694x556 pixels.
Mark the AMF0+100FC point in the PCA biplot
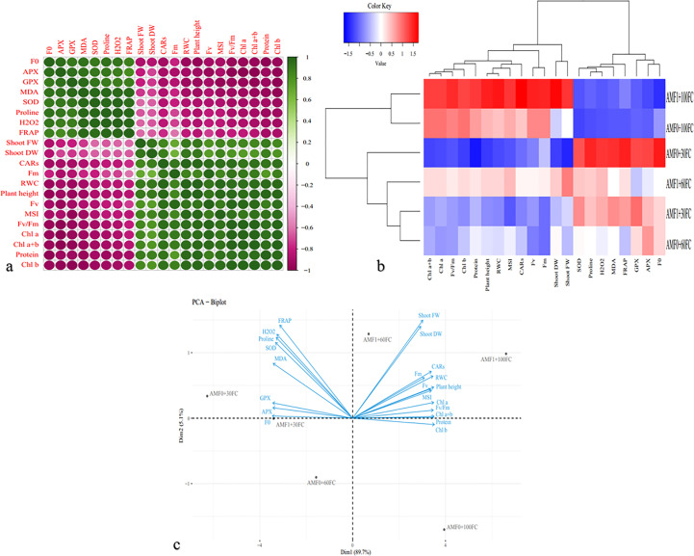click(446, 527)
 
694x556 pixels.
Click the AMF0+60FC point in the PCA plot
click(318, 479)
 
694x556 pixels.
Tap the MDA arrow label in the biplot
click(281, 359)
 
